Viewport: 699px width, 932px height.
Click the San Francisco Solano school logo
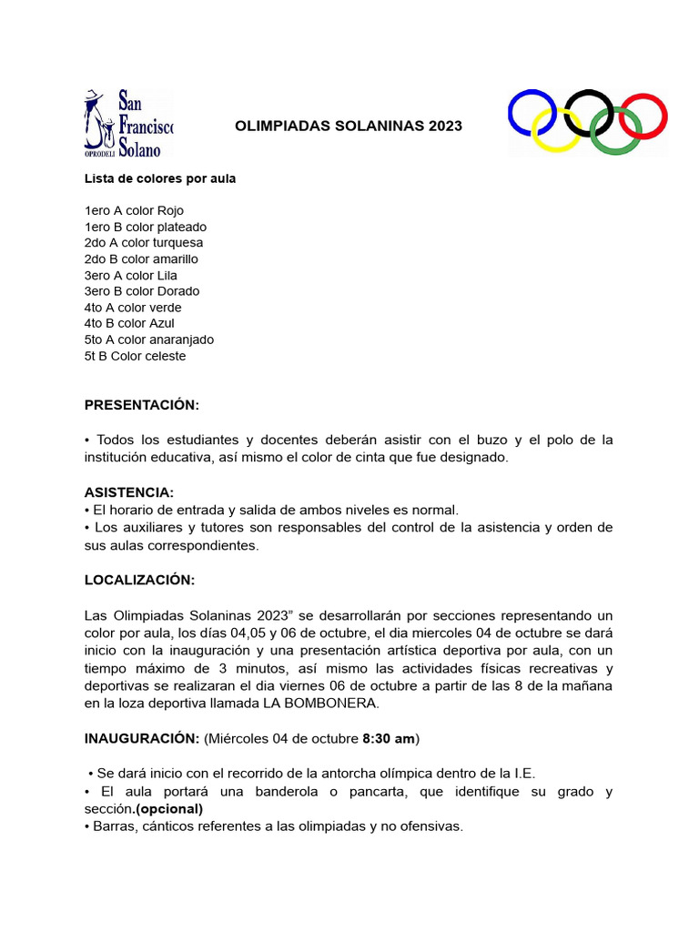(x=128, y=123)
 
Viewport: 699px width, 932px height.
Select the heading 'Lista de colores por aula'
(x=160, y=178)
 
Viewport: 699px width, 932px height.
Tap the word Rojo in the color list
(x=170, y=210)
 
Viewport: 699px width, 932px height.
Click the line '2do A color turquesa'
(x=144, y=243)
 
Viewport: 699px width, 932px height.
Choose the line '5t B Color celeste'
(x=135, y=356)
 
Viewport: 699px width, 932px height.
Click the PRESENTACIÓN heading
(x=141, y=404)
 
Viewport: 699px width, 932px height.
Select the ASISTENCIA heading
(x=129, y=492)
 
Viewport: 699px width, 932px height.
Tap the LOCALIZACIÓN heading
(x=139, y=580)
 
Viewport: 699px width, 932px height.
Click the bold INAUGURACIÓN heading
(x=141, y=736)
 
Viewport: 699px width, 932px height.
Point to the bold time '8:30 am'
(x=389, y=736)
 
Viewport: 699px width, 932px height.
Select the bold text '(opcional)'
(x=169, y=808)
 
